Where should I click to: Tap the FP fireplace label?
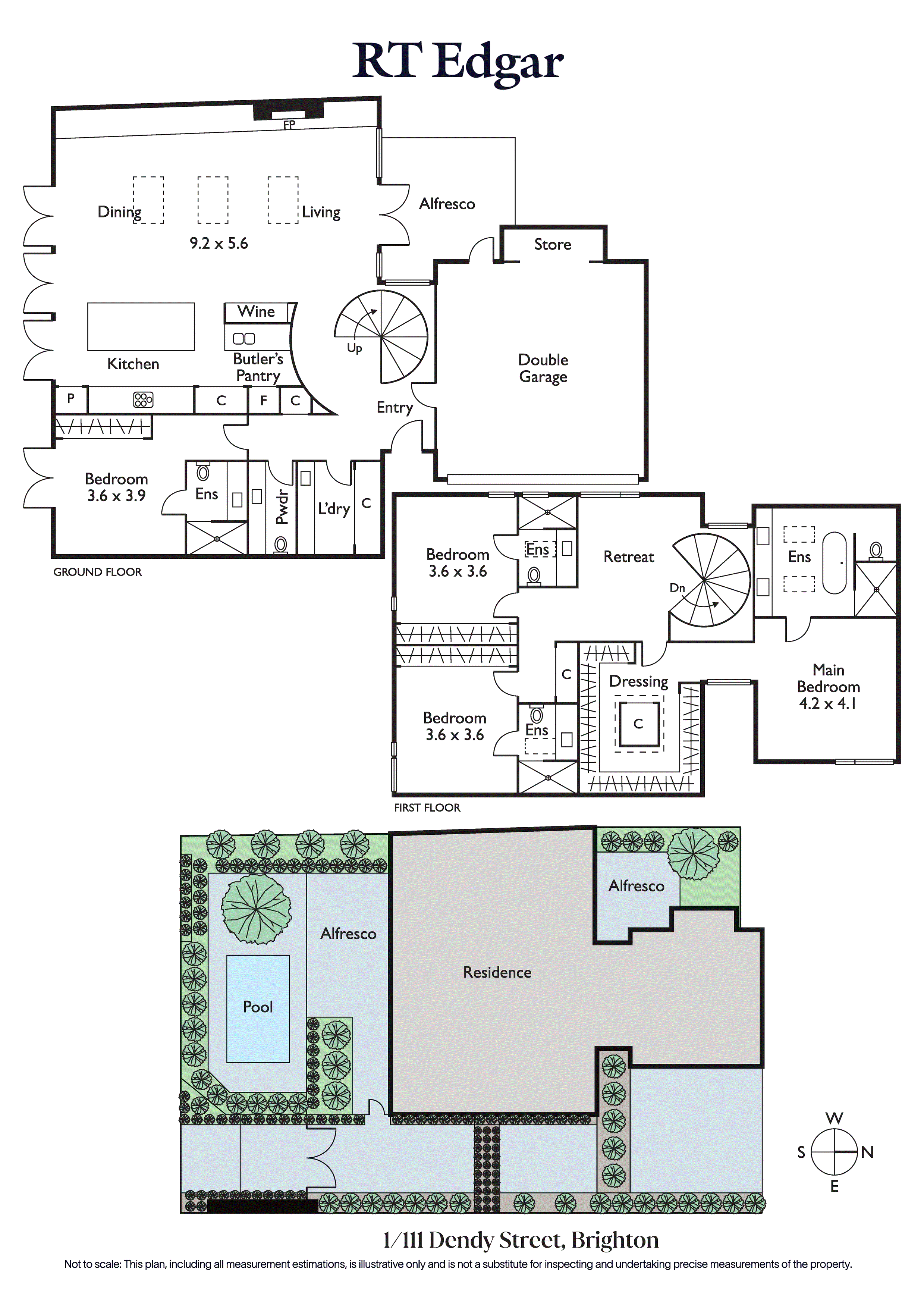click(289, 125)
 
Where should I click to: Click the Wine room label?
click(256, 312)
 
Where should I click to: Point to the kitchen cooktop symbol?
click(143, 400)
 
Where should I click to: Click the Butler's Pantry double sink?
click(244, 338)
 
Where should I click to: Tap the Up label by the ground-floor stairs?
click(354, 348)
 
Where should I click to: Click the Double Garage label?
click(543, 368)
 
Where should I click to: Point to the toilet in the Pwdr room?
click(280, 545)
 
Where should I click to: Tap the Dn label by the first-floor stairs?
click(677, 588)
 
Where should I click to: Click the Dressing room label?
click(639, 682)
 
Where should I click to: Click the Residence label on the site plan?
click(497, 972)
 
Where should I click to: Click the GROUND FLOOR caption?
click(97, 572)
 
